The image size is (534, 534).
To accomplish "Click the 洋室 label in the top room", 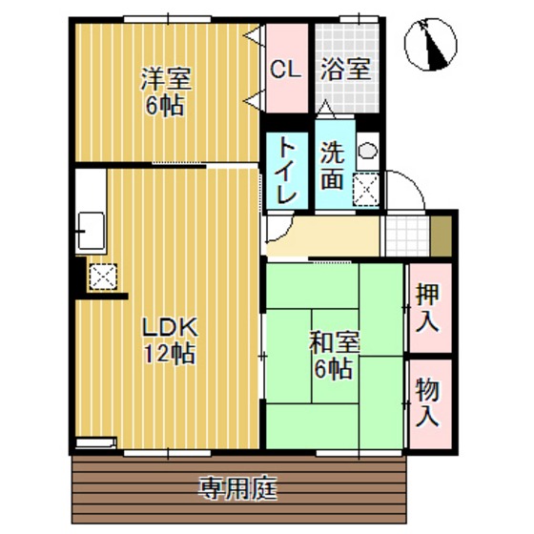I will [164, 76].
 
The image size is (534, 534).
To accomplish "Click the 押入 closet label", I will [427, 307].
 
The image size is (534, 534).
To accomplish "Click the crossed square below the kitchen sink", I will [101, 277].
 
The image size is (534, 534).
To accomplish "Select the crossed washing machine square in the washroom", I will [367, 189].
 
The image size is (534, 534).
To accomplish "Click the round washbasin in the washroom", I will [367, 151].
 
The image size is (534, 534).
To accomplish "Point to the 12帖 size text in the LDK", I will [169, 355].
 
